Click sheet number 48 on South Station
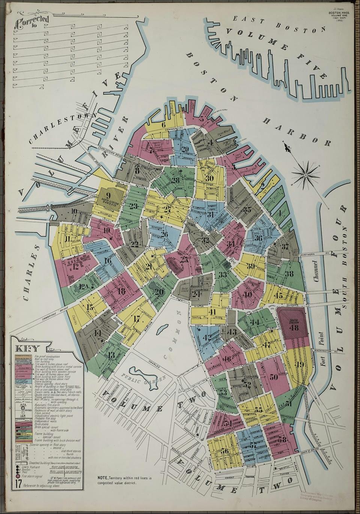tap(294, 328)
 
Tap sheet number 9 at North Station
tap(108, 195)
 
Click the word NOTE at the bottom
tap(102, 478)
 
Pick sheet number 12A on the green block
tap(84, 287)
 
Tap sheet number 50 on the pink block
tap(273, 377)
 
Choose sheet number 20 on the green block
tap(159, 292)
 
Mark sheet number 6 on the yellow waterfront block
tap(163, 125)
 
